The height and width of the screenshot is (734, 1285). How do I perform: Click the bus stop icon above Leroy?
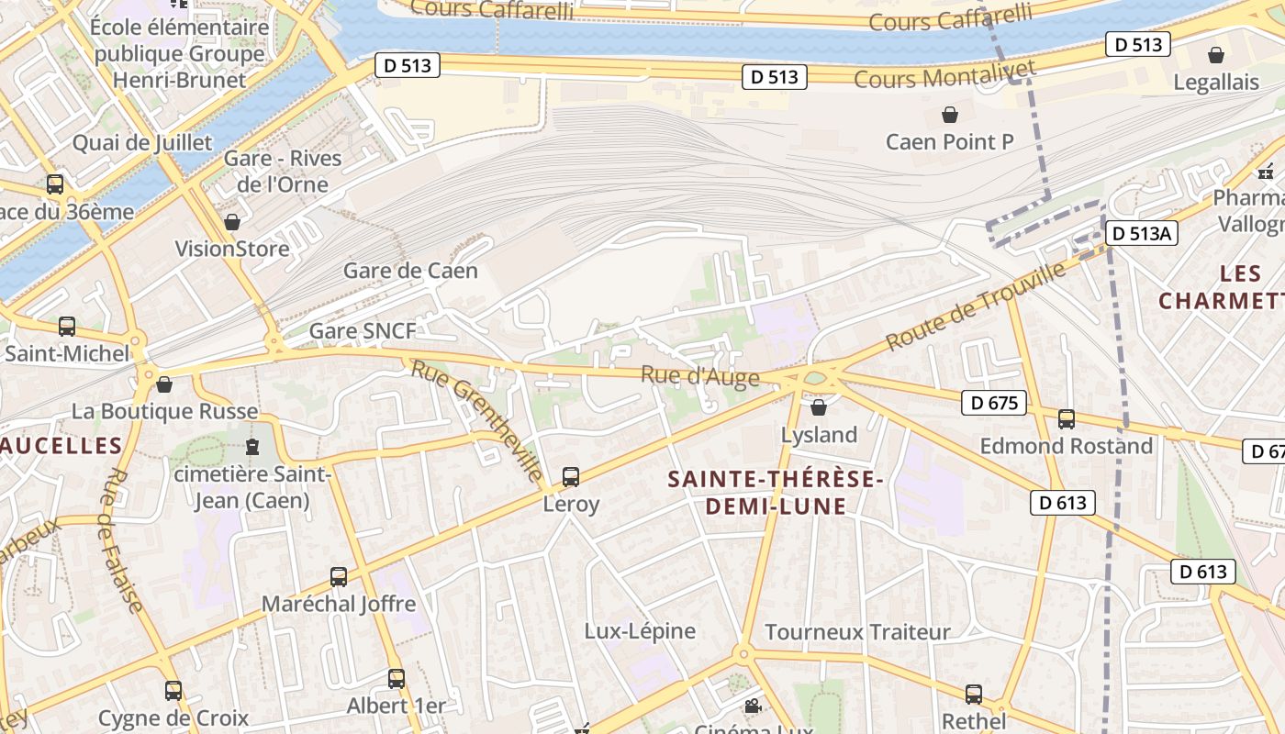[571, 477]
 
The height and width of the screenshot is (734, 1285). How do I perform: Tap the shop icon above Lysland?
[819, 407]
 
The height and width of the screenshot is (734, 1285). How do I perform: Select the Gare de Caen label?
[410, 271]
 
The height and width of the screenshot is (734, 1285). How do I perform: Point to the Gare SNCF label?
[363, 331]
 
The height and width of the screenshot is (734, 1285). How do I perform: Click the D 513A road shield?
[1140, 234]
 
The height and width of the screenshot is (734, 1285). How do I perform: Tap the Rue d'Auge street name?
[700, 376]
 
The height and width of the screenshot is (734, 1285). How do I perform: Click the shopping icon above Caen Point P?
[950, 116]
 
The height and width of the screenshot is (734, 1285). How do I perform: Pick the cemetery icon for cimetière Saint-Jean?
[252, 448]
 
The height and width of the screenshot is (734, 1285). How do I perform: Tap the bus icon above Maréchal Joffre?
[339, 577]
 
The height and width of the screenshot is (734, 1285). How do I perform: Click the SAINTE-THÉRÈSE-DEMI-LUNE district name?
[776, 493]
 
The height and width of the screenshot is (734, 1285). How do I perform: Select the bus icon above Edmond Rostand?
[1066, 419]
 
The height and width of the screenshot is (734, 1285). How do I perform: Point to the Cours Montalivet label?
[944, 74]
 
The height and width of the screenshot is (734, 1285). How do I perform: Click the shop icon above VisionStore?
[232, 223]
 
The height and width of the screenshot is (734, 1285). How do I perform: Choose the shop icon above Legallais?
[1216, 56]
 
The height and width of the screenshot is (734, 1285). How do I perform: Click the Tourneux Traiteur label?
[857, 632]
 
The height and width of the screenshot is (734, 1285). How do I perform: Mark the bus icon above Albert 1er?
[396, 679]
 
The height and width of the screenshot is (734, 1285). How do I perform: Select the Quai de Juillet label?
[142, 143]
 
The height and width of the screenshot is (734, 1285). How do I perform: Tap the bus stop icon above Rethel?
[974, 695]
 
